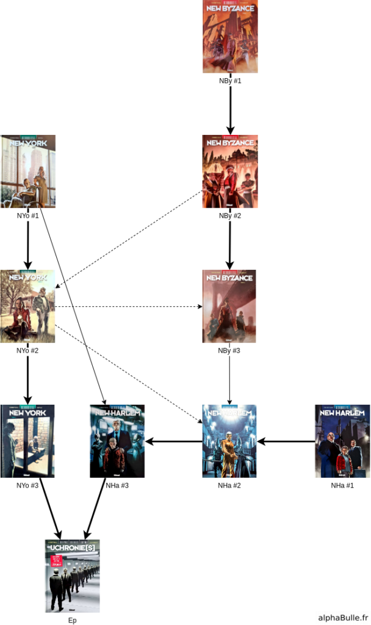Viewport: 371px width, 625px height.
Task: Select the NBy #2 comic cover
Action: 230,172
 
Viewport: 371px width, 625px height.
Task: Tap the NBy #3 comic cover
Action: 229,306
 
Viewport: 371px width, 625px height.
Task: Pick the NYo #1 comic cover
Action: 28,172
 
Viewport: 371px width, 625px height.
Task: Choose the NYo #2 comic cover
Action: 28,306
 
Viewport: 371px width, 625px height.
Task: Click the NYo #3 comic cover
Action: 28,441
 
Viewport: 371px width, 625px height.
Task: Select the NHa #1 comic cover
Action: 342,441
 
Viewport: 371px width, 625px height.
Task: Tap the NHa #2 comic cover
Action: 229,441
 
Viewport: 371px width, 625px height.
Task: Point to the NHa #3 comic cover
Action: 117,441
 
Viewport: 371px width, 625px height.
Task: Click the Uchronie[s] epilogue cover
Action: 72,576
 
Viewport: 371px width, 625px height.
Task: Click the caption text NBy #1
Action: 230,81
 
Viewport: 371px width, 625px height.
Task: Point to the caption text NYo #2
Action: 28,351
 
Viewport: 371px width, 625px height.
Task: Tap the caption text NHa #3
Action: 117,486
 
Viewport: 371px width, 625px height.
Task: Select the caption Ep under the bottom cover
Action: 72,620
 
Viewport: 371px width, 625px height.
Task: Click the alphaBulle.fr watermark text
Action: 343,617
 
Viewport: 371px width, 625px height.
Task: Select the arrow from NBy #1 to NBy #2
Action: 230,110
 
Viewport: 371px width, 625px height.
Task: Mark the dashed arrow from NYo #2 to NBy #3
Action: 128,306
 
